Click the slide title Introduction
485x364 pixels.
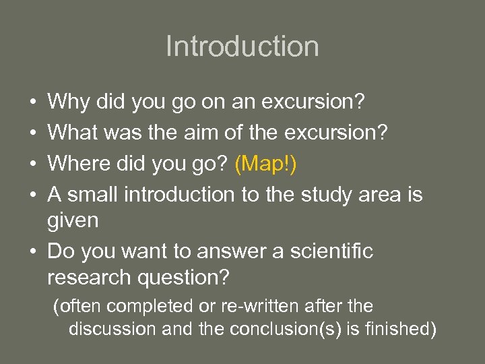pos(242,47)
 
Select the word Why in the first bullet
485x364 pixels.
pos(64,102)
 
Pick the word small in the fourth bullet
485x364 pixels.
pos(91,195)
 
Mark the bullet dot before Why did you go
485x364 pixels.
pos(34,103)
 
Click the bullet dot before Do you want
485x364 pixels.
pos(34,252)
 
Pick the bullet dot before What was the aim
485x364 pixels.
pos(34,133)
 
